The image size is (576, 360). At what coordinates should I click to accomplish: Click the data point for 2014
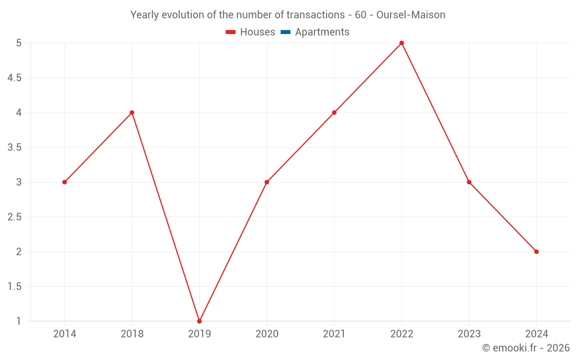[x=65, y=182]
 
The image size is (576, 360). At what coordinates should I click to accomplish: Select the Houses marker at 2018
[x=132, y=112]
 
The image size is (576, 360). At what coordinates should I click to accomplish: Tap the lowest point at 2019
[x=199, y=321]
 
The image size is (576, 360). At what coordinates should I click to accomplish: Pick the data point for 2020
[x=267, y=182]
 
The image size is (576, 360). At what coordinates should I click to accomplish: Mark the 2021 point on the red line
[x=334, y=112]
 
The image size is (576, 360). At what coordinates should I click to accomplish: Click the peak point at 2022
[x=401, y=43]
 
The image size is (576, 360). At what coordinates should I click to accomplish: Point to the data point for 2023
[x=469, y=182]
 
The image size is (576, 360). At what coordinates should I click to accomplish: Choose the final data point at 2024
[x=536, y=252]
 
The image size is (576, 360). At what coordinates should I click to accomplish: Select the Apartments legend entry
[x=322, y=32]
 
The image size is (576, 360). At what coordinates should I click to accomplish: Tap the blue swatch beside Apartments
[x=285, y=32]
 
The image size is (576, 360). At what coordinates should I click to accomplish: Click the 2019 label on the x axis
[x=199, y=334]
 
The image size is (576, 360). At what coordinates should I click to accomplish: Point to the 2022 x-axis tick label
[x=401, y=334]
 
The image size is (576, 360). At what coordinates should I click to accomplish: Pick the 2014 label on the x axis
[x=65, y=334]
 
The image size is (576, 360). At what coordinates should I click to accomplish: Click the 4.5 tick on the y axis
[x=14, y=78]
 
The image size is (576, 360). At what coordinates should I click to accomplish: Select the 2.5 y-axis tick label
[x=14, y=217]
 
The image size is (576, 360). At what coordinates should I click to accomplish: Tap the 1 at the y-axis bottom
[x=18, y=321]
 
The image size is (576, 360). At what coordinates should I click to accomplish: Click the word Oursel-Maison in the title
[x=411, y=15]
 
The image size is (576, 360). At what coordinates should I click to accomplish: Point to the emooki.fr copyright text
[x=525, y=348]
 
